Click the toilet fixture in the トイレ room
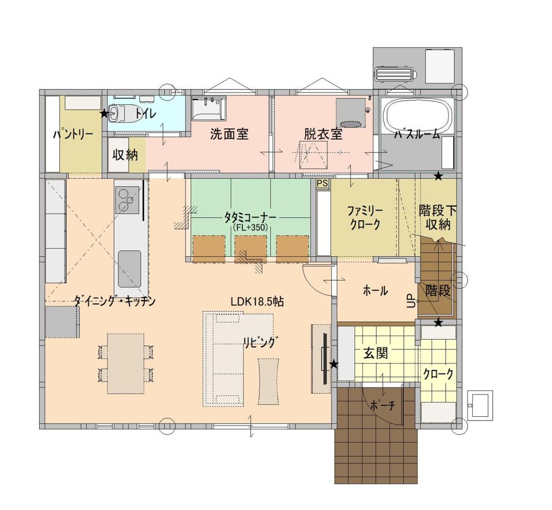click(122, 113)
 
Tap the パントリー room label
click(73, 135)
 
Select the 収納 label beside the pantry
click(125, 154)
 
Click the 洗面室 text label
click(229, 135)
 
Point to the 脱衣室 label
click(323, 135)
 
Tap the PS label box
click(322, 183)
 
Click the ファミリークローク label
click(364, 217)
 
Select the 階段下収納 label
click(438, 217)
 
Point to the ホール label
click(375, 291)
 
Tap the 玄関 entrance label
click(376, 353)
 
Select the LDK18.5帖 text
click(257, 302)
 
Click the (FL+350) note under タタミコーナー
click(250, 227)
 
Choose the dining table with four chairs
click(126, 363)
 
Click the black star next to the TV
click(334, 364)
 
